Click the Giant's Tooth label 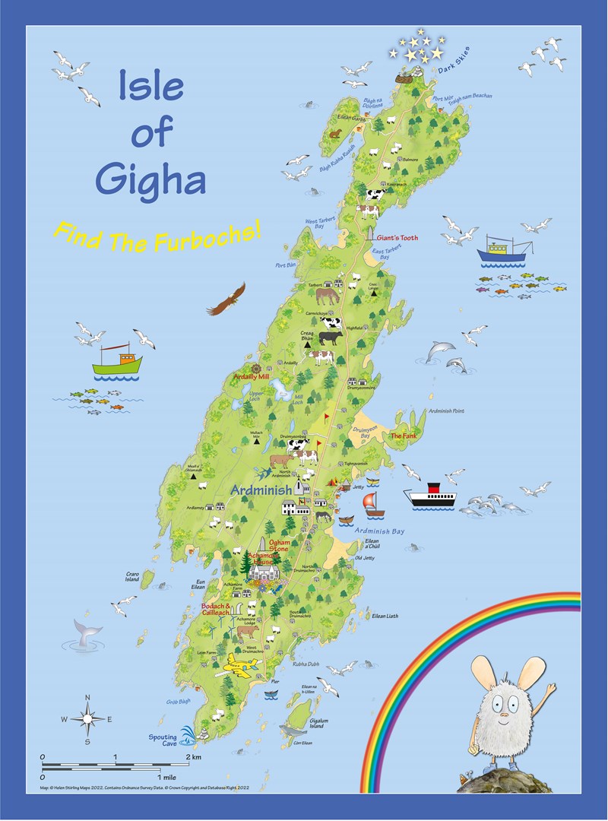click(x=397, y=238)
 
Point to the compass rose click(x=87, y=718)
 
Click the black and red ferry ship click(x=429, y=495)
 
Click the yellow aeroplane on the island click(x=238, y=667)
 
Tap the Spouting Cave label click(x=162, y=740)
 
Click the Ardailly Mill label click(x=252, y=376)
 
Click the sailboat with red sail click(x=369, y=503)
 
